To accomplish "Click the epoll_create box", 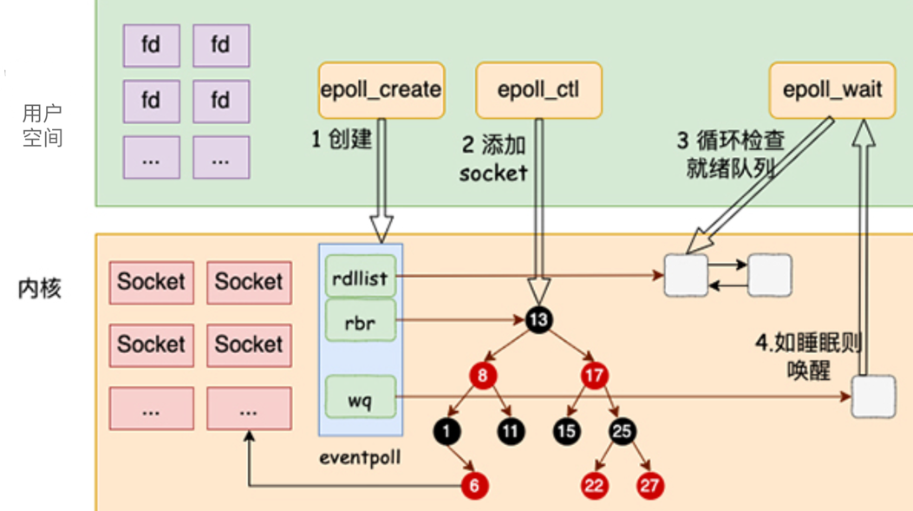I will (x=382, y=90).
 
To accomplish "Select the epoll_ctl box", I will (x=538, y=90).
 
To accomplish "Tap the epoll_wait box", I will (x=833, y=90).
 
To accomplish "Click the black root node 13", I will (x=538, y=320).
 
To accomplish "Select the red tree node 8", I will (x=482, y=377).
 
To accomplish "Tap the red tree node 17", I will (x=594, y=377).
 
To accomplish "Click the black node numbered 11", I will (x=510, y=429).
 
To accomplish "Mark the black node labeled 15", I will (x=566, y=429).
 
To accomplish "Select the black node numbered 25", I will (x=622, y=429).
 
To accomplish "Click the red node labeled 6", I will (x=474, y=485).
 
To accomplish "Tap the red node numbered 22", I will (x=594, y=485).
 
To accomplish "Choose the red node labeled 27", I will (x=649, y=485).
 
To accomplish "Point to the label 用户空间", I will (x=42, y=126).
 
